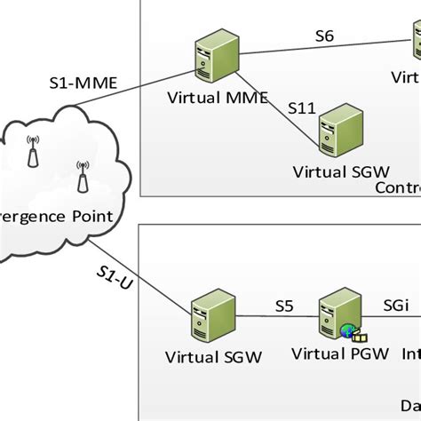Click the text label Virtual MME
217,98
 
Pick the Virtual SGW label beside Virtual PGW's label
214,357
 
